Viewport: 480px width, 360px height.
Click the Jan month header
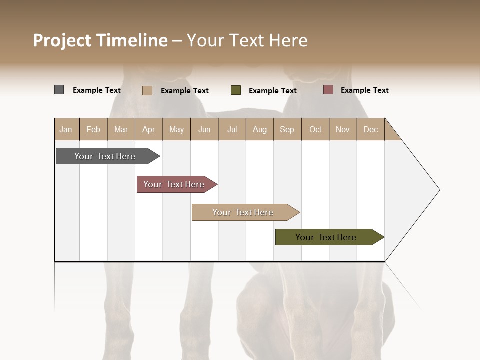tap(66, 129)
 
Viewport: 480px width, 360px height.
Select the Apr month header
tap(148, 129)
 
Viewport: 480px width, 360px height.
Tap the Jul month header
tap(232, 129)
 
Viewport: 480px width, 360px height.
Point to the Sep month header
tap(287, 129)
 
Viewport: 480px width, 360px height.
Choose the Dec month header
tap(370, 129)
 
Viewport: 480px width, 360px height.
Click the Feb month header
tap(93, 129)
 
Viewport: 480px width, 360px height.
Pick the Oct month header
tap(315, 129)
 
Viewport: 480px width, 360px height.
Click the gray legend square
tap(59, 90)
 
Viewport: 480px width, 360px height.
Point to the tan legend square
tap(147, 90)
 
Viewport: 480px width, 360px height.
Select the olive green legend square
tap(236, 90)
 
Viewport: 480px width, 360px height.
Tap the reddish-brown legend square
tap(328, 90)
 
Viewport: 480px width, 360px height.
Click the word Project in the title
tap(62, 40)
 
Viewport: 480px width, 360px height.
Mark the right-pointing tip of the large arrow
tap(439, 190)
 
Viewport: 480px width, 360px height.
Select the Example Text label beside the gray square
tap(97, 90)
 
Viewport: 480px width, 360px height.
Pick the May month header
tap(176, 129)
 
